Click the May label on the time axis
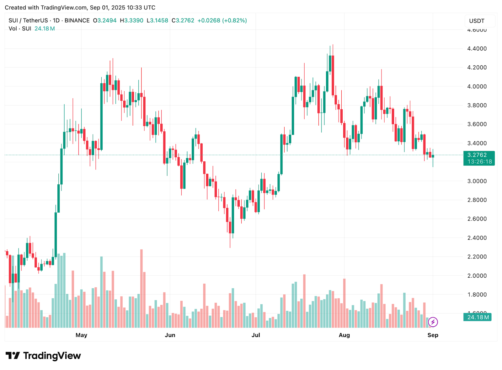[81, 335]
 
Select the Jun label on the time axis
[170, 335]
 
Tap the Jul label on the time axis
[256, 335]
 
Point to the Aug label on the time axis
[344, 335]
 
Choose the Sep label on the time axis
[433, 335]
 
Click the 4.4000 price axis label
[477, 49]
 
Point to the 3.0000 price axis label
[477, 181]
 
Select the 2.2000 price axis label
[477, 257]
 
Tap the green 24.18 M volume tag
[478, 317]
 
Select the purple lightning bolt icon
[433, 322]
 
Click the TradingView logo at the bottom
[43, 356]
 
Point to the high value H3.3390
[131, 21]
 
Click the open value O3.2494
[105, 21]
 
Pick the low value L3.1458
[158, 21]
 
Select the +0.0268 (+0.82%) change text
[222, 21]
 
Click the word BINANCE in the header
[77, 21]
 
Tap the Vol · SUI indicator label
[20, 29]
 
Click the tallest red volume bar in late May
[142, 288]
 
